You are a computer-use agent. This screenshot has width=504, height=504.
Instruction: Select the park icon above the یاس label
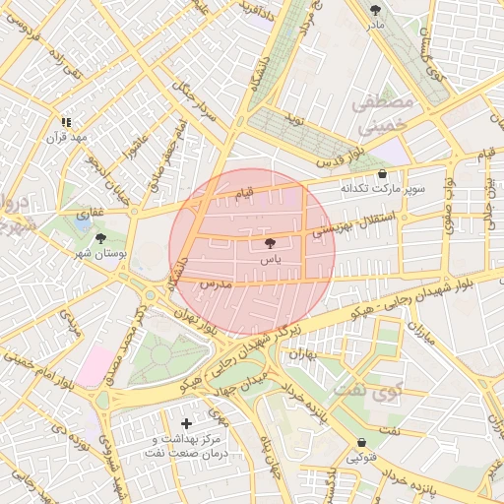271,242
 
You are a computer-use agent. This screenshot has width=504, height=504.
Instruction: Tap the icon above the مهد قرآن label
65,122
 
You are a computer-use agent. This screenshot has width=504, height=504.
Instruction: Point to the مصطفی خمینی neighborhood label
378,114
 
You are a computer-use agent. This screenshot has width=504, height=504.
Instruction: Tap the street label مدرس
215,283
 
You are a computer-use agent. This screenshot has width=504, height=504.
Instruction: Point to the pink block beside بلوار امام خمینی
94,366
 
